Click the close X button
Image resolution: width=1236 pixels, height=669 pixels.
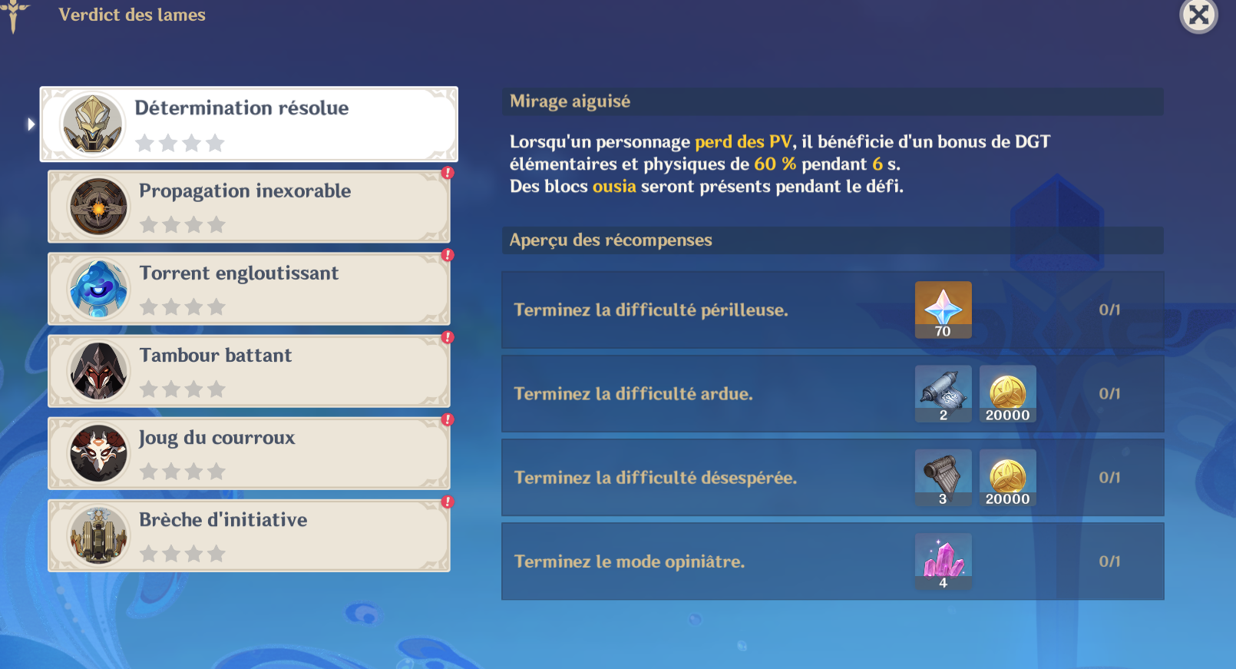click(x=1198, y=15)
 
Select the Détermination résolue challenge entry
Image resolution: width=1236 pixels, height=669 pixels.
click(x=249, y=124)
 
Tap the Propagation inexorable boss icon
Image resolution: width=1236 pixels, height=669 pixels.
click(x=98, y=207)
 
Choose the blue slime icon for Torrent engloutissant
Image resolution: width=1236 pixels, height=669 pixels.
click(x=98, y=289)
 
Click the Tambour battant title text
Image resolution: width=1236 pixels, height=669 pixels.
click(x=215, y=356)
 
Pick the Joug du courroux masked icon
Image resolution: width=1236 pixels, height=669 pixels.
click(x=98, y=453)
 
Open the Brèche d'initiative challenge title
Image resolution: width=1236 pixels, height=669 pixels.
click(x=223, y=520)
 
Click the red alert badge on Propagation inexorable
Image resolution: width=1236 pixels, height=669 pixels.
click(x=448, y=173)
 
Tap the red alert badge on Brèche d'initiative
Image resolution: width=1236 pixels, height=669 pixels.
click(x=448, y=502)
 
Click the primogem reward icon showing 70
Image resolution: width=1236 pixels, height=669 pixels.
click(x=943, y=310)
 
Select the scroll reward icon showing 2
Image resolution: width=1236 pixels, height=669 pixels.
click(x=943, y=393)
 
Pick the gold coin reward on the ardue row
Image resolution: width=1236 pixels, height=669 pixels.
click(x=1007, y=393)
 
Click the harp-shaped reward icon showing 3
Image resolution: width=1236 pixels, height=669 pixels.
click(x=943, y=478)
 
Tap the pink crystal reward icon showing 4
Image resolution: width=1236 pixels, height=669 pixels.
click(x=943, y=561)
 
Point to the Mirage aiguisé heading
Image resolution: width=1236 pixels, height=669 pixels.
click(x=570, y=101)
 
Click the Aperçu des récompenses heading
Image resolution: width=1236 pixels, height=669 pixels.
click(x=611, y=240)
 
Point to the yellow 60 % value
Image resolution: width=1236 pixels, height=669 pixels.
click(x=775, y=164)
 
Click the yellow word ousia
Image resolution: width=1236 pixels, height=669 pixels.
click(x=614, y=187)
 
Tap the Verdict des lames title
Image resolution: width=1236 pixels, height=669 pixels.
click(x=132, y=15)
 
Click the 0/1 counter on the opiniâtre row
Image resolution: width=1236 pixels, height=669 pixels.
click(x=1109, y=561)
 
